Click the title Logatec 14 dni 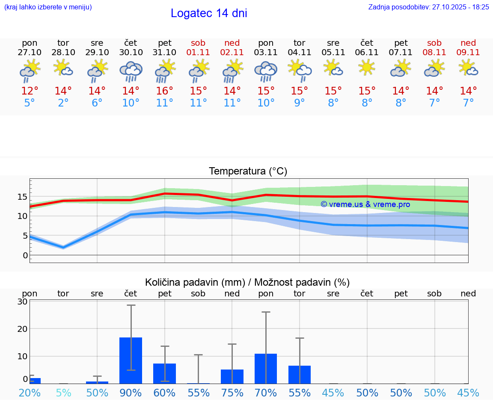coord(209,13)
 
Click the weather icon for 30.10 coord(131,71)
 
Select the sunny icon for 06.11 coord(367,68)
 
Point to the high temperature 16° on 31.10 coord(165,91)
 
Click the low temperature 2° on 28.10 coord(63,103)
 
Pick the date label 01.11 coord(198,53)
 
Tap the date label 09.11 coord(468,53)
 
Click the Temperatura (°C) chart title coord(248,172)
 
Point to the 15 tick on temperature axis coord(23,197)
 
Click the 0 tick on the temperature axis coord(25,255)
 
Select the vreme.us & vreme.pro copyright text coord(365,204)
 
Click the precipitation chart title coord(247,282)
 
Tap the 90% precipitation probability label coord(131,393)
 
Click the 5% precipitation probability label coord(63,393)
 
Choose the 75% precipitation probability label coord(232,393)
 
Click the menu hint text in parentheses coord(48,7)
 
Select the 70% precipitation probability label coord(266,393)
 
